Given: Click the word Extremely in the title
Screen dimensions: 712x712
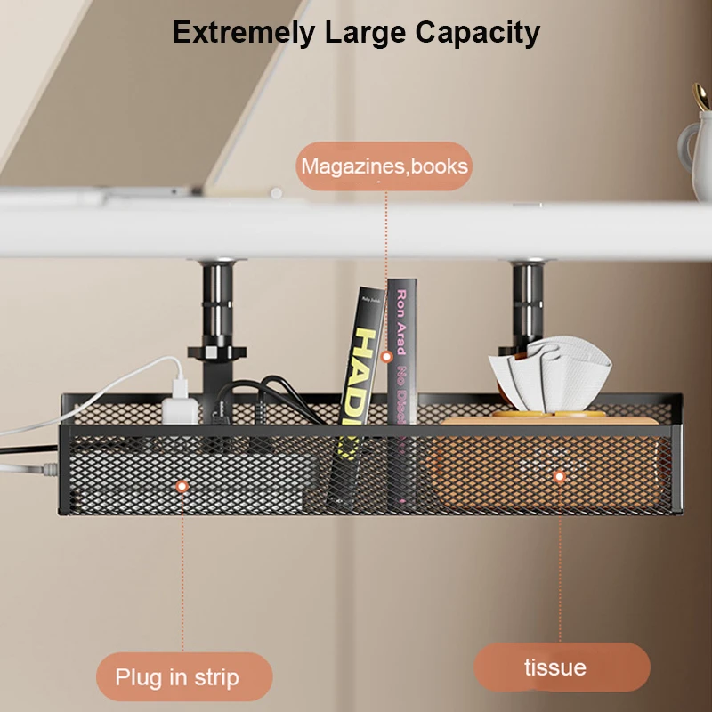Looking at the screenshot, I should pos(243,33).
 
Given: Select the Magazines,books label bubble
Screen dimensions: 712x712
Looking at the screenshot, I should pos(384,166).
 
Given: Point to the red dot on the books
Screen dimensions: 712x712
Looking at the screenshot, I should pos(386,356).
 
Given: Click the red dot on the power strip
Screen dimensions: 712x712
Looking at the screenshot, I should pos(182,486).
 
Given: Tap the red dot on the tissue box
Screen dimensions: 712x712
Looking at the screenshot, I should pos(560,477).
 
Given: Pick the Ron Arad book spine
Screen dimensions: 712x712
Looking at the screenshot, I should pos(401,356).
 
